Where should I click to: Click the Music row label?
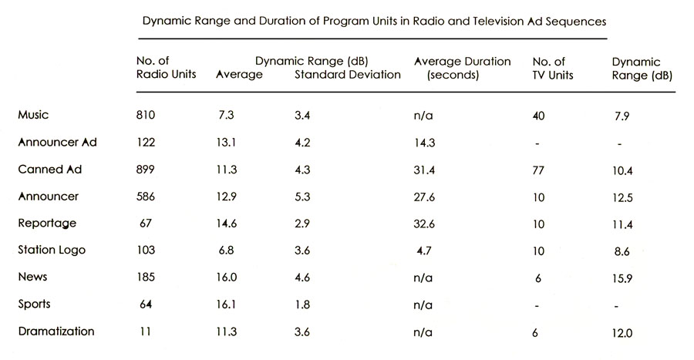coord(32,115)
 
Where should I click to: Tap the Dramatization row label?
coord(56,331)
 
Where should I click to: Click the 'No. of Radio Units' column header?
coord(164,68)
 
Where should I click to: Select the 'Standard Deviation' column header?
coord(347,75)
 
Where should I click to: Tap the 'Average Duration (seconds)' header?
coord(462,68)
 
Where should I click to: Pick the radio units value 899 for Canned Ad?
coord(145,170)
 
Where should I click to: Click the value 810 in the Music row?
coord(145,116)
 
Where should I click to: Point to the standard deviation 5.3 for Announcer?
coord(302,197)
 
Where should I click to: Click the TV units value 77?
coord(539,170)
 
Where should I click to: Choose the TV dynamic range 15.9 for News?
coord(621,278)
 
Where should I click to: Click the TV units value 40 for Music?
coord(539,116)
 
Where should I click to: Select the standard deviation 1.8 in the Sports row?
coord(302,304)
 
